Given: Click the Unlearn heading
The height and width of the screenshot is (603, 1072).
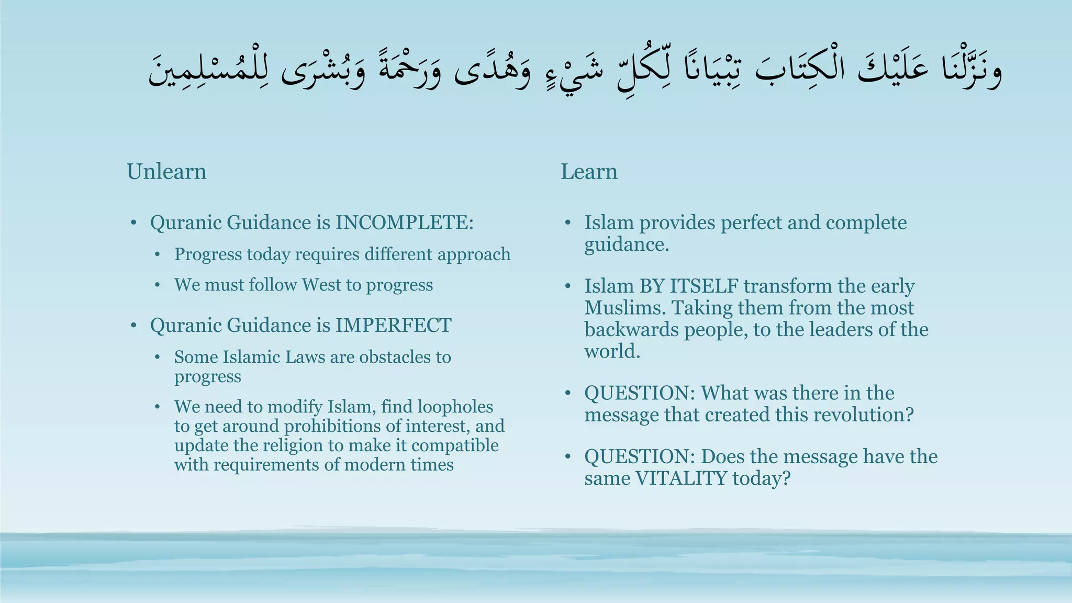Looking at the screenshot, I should tap(166, 172).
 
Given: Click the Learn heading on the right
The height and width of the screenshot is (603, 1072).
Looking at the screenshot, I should tap(589, 172).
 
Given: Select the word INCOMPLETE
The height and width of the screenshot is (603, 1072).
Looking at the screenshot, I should tap(404, 222).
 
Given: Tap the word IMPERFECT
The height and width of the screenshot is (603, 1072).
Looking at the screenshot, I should tap(393, 325).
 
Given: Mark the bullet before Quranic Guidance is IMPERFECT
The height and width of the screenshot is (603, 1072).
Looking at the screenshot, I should tap(134, 326).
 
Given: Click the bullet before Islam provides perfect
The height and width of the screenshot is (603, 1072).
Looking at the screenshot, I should tap(568, 223).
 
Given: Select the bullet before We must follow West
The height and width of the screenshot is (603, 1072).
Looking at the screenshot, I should tap(158, 285).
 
